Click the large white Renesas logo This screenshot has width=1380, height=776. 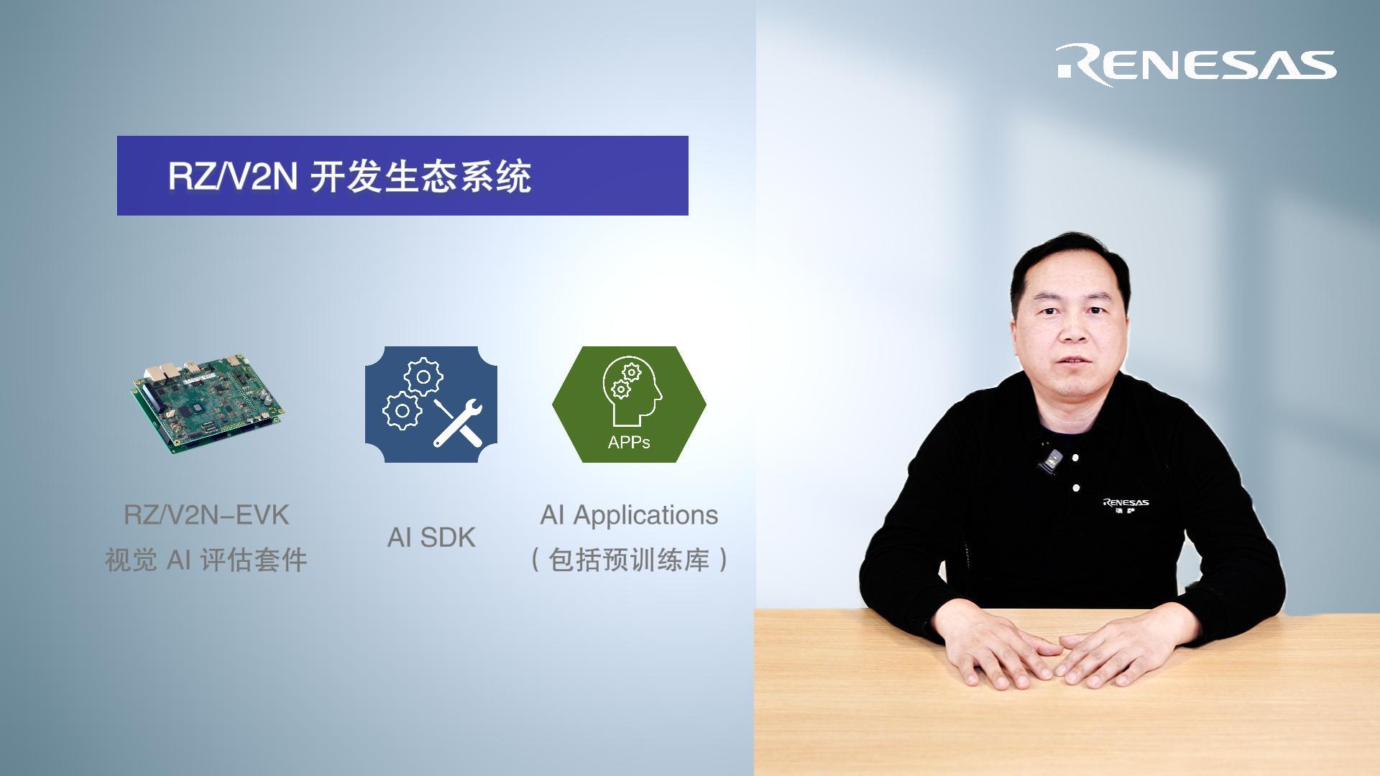(1196, 65)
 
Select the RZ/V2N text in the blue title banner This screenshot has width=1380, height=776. (232, 176)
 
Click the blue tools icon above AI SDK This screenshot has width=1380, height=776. (431, 405)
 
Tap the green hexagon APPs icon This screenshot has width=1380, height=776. (629, 405)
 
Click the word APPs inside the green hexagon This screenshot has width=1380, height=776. (629, 443)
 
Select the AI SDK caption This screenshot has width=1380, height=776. (431, 537)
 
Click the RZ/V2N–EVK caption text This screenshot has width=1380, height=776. (207, 515)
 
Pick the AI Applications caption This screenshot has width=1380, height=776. (629, 515)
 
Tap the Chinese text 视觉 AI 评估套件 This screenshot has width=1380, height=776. (207, 560)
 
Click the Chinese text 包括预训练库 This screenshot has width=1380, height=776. (629, 560)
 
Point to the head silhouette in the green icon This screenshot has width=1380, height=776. (632, 392)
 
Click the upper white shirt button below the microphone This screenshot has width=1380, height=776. (1075, 457)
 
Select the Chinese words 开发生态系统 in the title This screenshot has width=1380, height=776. (421, 177)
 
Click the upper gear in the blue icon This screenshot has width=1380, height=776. (423, 377)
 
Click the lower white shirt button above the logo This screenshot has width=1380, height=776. (1076, 488)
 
